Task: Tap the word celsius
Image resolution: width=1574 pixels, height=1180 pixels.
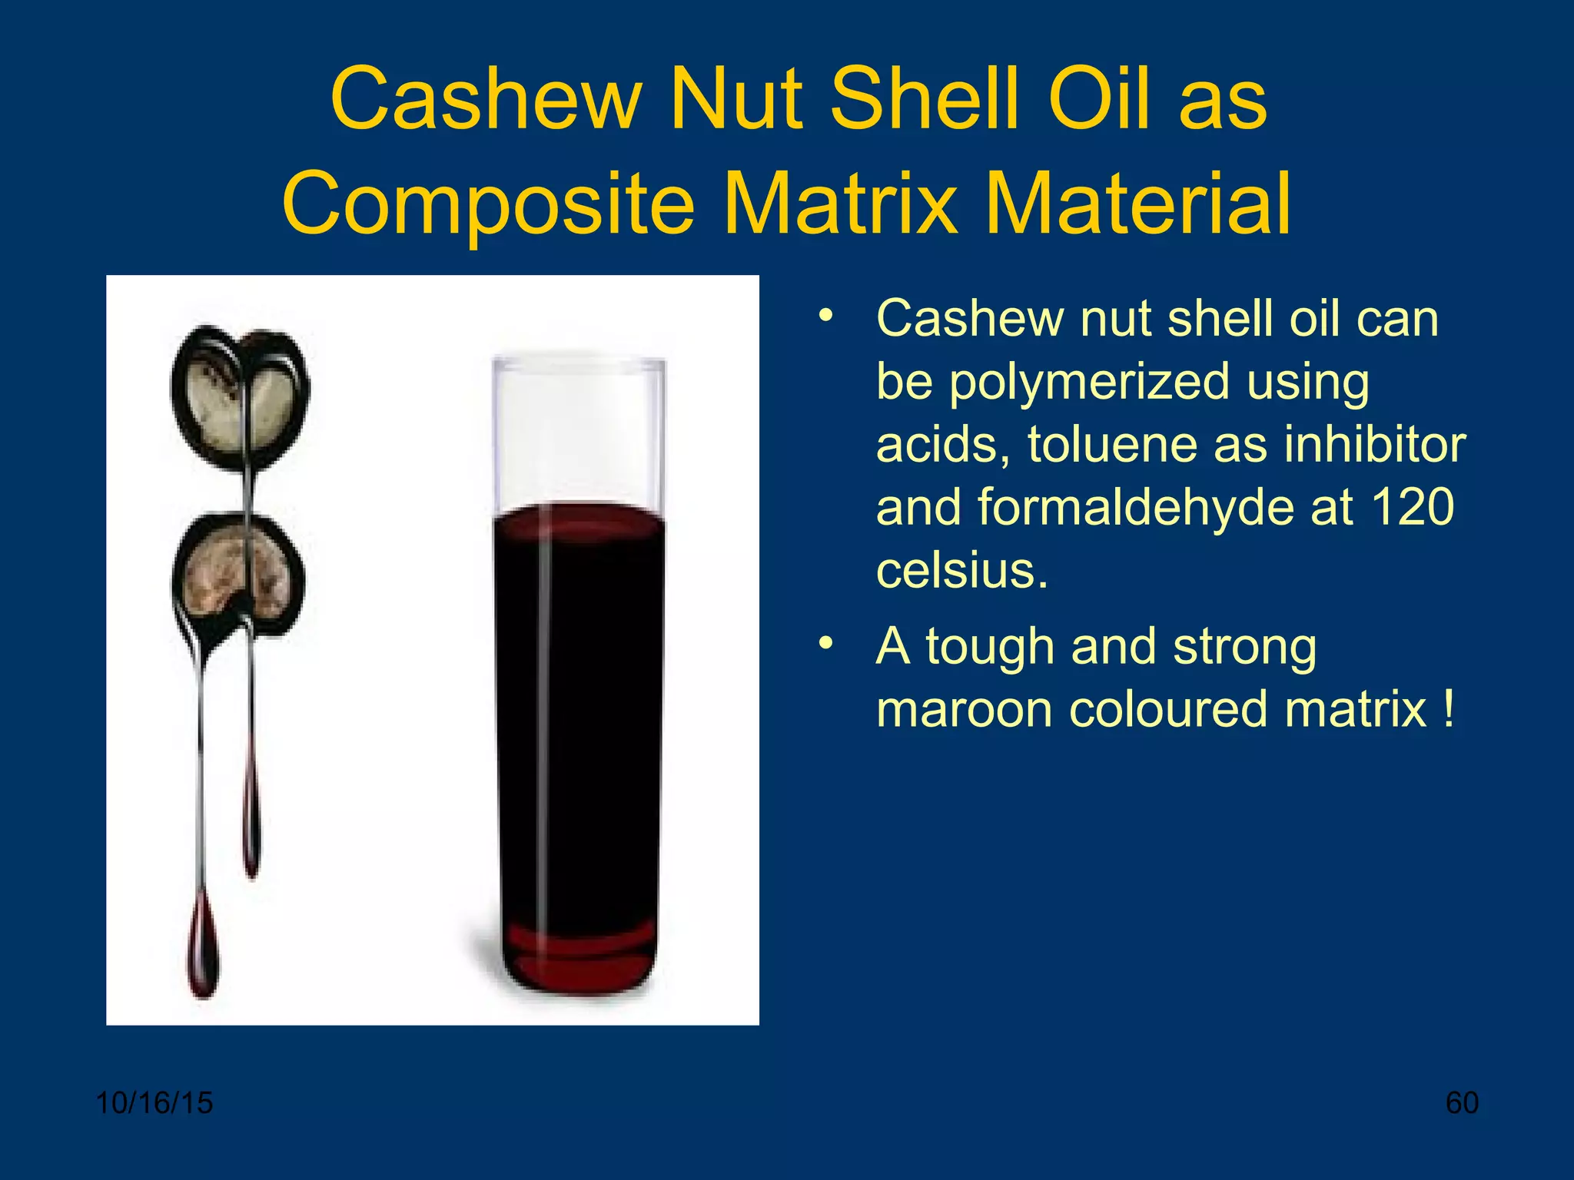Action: [x=961, y=571]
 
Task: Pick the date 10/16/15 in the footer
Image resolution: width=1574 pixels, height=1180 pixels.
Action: [x=154, y=1103]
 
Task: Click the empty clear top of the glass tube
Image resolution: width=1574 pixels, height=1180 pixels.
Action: [x=578, y=430]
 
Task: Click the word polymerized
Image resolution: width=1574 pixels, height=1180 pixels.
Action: [x=1159, y=382]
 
